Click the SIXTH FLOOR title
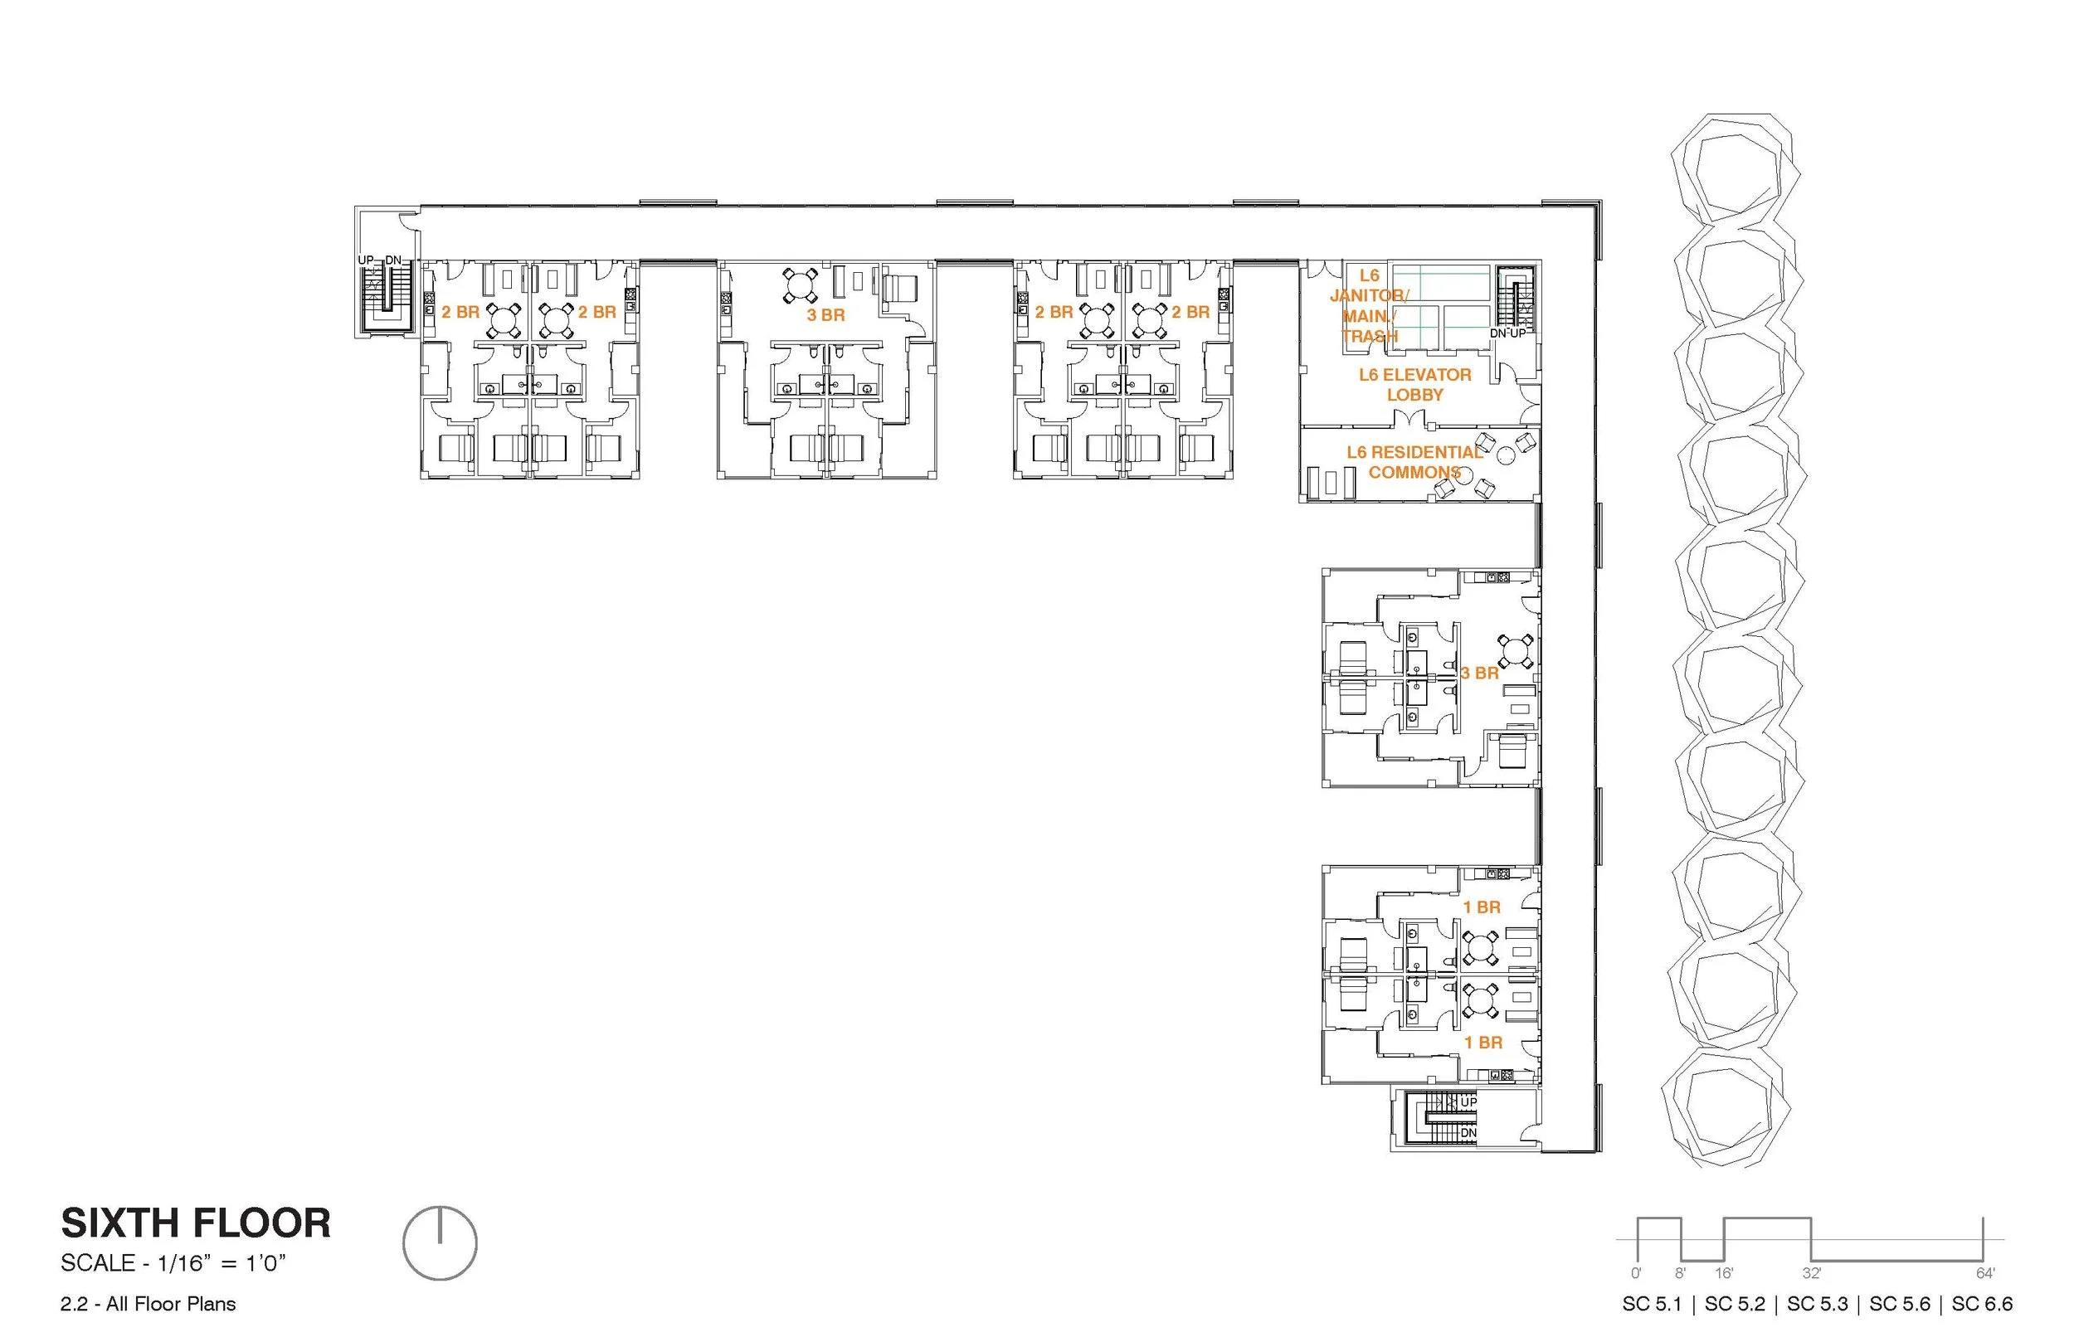[x=195, y=1223]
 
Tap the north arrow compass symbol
[x=440, y=1243]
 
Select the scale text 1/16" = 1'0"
[x=173, y=1263]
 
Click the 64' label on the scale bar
[x=1985, y=1274]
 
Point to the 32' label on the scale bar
[x=1812, y=1274]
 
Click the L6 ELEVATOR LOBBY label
[x=1414, y=384]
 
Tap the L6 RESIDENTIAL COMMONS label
[x=1414, y=462]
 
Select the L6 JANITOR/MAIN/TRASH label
[x=1369, y=306]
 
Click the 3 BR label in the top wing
[x=825, y=314]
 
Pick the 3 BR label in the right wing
[x=1480, y=673]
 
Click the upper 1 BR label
[x=1482, y=907]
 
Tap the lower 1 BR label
[x=1482, y=1043]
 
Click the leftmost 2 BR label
[x=460, y=312]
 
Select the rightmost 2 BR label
[x=1190, y=312]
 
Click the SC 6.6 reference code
[x=1982, y=1305]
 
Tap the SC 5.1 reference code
[x=1652, y=1305]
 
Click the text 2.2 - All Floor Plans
[x=148, y=1305]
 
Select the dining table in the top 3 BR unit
[x=800, y=284]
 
